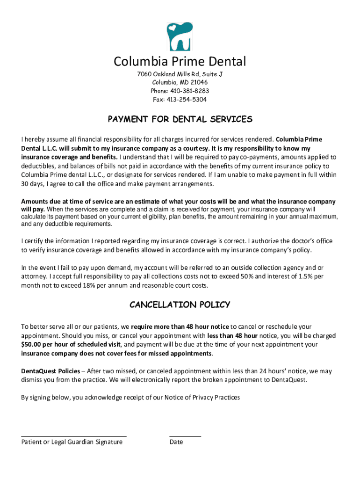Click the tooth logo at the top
(x=180, y=36)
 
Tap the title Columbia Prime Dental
(x=180, y=61)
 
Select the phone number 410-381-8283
(x=189, y=91)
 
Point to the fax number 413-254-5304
(x=187, y=100)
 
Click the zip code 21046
(x=198, y=83)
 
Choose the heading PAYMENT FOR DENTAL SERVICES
(x=180, y=119)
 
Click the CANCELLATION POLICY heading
(x=180, y=305)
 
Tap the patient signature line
(x=74, y=436)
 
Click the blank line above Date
(x=185, y=436)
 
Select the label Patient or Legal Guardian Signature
(x=72, y=442)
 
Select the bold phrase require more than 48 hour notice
(x=180, y=327)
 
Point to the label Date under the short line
(x=176, y=442)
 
